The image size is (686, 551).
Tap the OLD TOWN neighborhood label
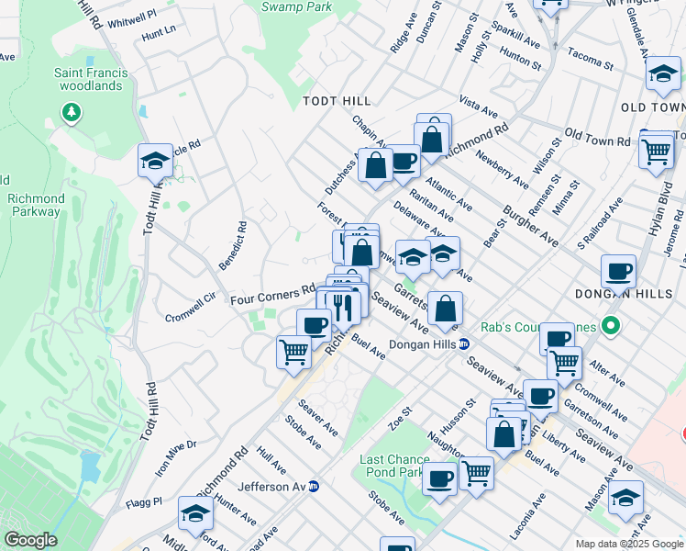pos(652,107)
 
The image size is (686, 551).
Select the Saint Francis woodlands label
pos(88,79)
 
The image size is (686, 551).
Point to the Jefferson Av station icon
pos(314,486)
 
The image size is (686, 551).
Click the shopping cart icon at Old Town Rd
pos(656,151)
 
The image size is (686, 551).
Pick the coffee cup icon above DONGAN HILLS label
pos(619,272)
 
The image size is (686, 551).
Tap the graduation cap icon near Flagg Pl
pos(195,514)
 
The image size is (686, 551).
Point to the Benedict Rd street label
pos(232,245)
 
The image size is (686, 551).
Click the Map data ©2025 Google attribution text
pos(629,544)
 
